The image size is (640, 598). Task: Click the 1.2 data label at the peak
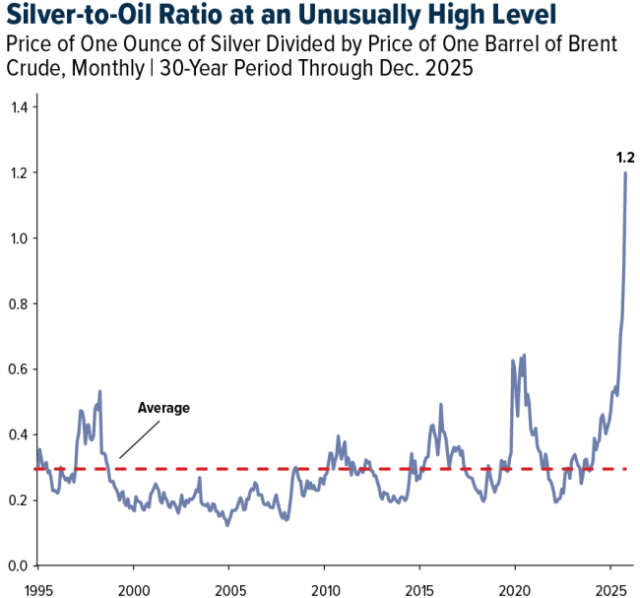(624, 158)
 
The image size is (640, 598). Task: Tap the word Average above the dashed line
(163, 408)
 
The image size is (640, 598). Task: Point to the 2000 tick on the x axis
(133, 587)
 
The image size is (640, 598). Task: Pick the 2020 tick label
(515, 587)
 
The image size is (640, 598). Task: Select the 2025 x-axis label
(610, 587)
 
